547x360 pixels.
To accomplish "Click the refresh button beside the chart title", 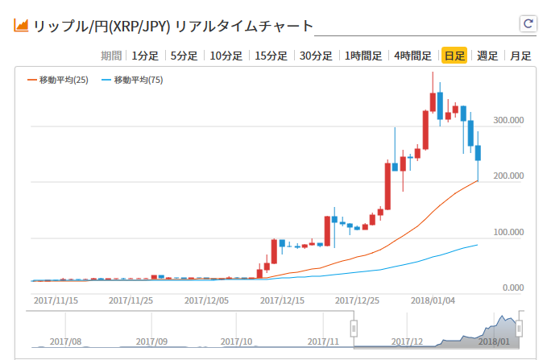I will tap(528, 24).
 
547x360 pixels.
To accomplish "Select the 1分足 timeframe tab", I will tap(145, 56).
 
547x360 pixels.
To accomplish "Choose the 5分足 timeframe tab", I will tap(184, 56).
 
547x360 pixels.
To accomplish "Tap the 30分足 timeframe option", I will tap(316, 56).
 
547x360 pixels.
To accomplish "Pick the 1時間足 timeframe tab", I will tap(363, 56).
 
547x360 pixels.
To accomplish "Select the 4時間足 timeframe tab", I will tap(412, 56).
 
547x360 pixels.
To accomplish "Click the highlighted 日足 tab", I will tap(454, 56).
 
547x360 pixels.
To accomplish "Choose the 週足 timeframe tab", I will tap(487, 56).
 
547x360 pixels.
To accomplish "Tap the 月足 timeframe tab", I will tap(520, 56).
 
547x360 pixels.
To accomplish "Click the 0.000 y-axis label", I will tap(513, 288).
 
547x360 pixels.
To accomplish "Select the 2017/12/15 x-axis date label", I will tap(282, 300).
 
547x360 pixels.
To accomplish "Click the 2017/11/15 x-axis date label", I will tap(56, 300).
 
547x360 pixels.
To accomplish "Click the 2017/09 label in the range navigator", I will tap(151, 341).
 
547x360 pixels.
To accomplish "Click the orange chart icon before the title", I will tap(22, 26).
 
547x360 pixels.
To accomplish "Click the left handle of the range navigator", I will tap(353, 328).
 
